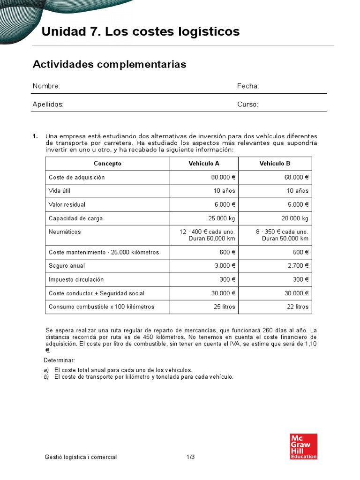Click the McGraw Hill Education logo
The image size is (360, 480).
(304, 446)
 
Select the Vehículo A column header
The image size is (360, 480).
(204, 164)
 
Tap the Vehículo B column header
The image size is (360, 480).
(275, 164)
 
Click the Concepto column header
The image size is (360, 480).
(107, 164)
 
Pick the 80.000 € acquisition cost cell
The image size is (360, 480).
(223, 177)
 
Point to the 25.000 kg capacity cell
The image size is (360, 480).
(222, 218)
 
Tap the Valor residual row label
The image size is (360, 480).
(67, 204)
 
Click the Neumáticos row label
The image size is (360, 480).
(65, 232)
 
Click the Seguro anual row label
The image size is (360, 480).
(67, 266)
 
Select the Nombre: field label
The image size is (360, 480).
(46, 86)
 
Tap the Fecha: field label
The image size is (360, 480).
(248, 86)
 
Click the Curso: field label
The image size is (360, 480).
(247, 105)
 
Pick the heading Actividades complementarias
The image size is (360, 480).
(109, 64)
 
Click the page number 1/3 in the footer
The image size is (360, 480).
(190, 457)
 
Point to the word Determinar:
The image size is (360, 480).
(59, 360)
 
